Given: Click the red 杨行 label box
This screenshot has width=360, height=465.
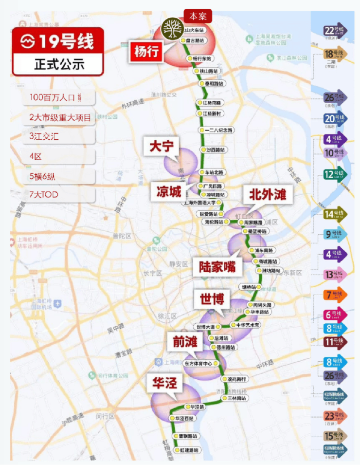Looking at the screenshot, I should pos(146,52).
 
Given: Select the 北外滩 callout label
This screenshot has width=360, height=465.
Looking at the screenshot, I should pos(264,196).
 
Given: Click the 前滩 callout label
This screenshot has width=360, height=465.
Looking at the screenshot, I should pos(184,342).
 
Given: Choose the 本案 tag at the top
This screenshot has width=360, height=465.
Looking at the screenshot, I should pos(198,16).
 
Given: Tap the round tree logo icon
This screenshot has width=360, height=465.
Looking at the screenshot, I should pos(171,27).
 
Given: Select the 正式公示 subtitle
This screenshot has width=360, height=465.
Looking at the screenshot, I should pos(58,64).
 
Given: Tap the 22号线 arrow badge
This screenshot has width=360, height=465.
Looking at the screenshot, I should pos(335,31).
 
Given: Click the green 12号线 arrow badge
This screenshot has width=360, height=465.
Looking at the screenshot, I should pos(335,173).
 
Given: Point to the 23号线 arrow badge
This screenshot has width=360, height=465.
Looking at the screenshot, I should pos(335,417).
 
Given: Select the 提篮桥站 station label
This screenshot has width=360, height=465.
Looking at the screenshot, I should pos(256,232).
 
